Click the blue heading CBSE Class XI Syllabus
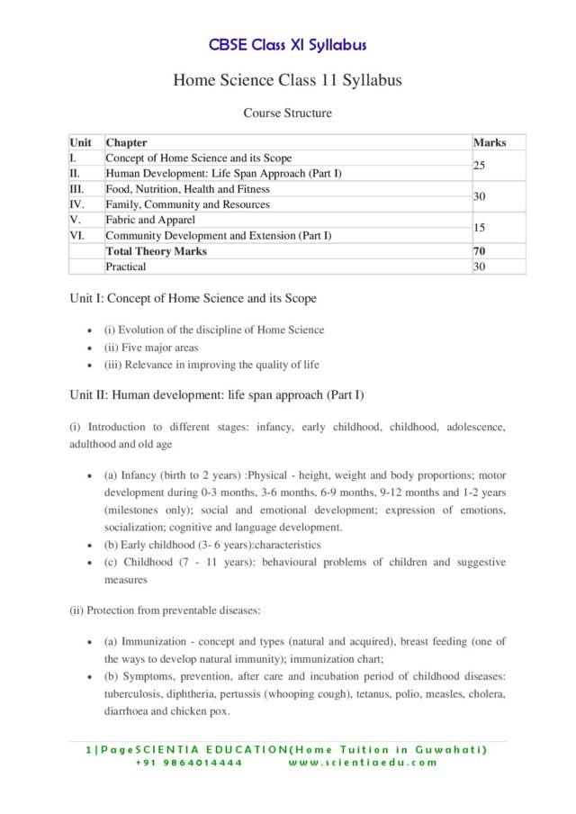point(287,45)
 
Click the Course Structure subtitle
point(287,113)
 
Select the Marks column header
point(489,142)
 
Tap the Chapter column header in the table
point(126,142)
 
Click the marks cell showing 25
point(480,166)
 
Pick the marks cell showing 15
point(480,228)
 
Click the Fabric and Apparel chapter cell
point(150,220)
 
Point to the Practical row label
point(125,267)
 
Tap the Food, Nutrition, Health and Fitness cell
point(187,189)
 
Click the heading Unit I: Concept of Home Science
point(193,298)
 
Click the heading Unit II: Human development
point(216,395)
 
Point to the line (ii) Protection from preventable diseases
point(165,610)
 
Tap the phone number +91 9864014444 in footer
point(189,763)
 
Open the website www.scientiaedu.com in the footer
point(363,763)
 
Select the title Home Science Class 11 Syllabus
point(287,81)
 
